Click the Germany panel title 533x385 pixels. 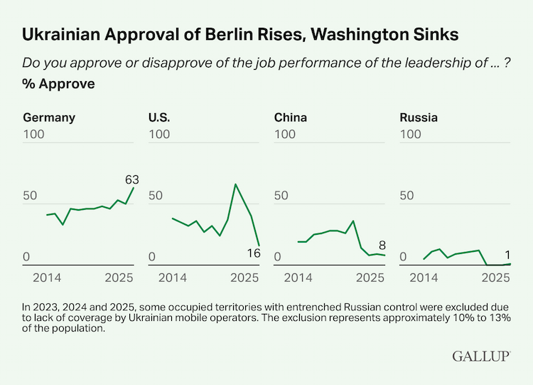(x=49, y=117)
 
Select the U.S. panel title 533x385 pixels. (x=159, y=117)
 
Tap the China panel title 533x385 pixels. (x=291, y=117)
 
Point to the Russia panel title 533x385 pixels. (x=419, y=117)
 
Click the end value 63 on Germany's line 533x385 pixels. (x=131, y=179)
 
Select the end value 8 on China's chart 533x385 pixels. (x=382, y=244)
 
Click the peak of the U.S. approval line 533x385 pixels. (x=235, y=185)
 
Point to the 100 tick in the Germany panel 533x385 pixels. (x=35, y=135)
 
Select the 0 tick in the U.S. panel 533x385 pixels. (x=152, y=257)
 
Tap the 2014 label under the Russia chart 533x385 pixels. (x=424, y=277)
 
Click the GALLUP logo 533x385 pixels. (x=480, y=356)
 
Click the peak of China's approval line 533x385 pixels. (x=352, y=221)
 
